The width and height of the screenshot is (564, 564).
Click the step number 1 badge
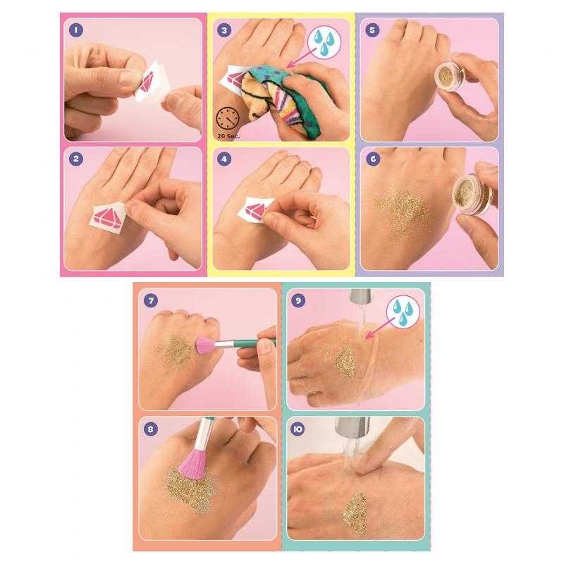pyautogui.click(x=75, y=30)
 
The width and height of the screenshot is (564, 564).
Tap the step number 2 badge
pyautogui.click(x=75, y=159)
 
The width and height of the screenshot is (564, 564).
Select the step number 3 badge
pyautogui.click(x=225, y=30)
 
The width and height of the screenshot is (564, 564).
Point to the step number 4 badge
pyautogui.click(x=225, y=159)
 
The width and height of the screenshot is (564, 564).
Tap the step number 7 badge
pyautogui.click(x=150, y=300)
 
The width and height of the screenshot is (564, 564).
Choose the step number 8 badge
pyautogui.click(x=150, y=428)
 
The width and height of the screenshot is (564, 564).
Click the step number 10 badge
pyautogui.click(x=300, y=428)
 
